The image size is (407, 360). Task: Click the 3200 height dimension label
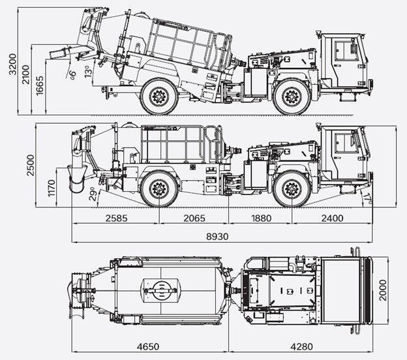12,64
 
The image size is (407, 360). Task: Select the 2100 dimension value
26,74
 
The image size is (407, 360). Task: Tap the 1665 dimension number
40,86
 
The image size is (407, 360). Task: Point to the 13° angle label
88,71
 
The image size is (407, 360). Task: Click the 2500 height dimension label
31,166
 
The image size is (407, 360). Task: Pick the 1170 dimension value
52,188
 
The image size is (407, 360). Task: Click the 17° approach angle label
368,199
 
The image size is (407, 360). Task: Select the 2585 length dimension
116,218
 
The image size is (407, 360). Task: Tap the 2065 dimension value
194,218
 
